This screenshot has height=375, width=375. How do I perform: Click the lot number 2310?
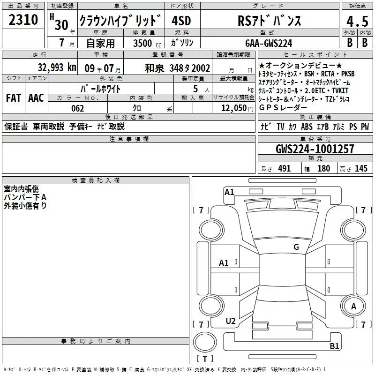(23, 19)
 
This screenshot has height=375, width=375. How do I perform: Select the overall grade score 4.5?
(357, 21)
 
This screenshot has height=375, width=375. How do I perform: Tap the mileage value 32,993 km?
(57, 67)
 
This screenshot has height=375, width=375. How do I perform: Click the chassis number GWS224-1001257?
(315, 149)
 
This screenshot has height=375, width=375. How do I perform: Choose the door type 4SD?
(181, 21)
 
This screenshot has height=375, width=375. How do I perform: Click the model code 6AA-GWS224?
(269, 43)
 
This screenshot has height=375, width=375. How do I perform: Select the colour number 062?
(77, 108)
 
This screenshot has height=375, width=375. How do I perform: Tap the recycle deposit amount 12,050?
(234, 108)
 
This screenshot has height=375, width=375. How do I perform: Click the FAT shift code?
(14, 98)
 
